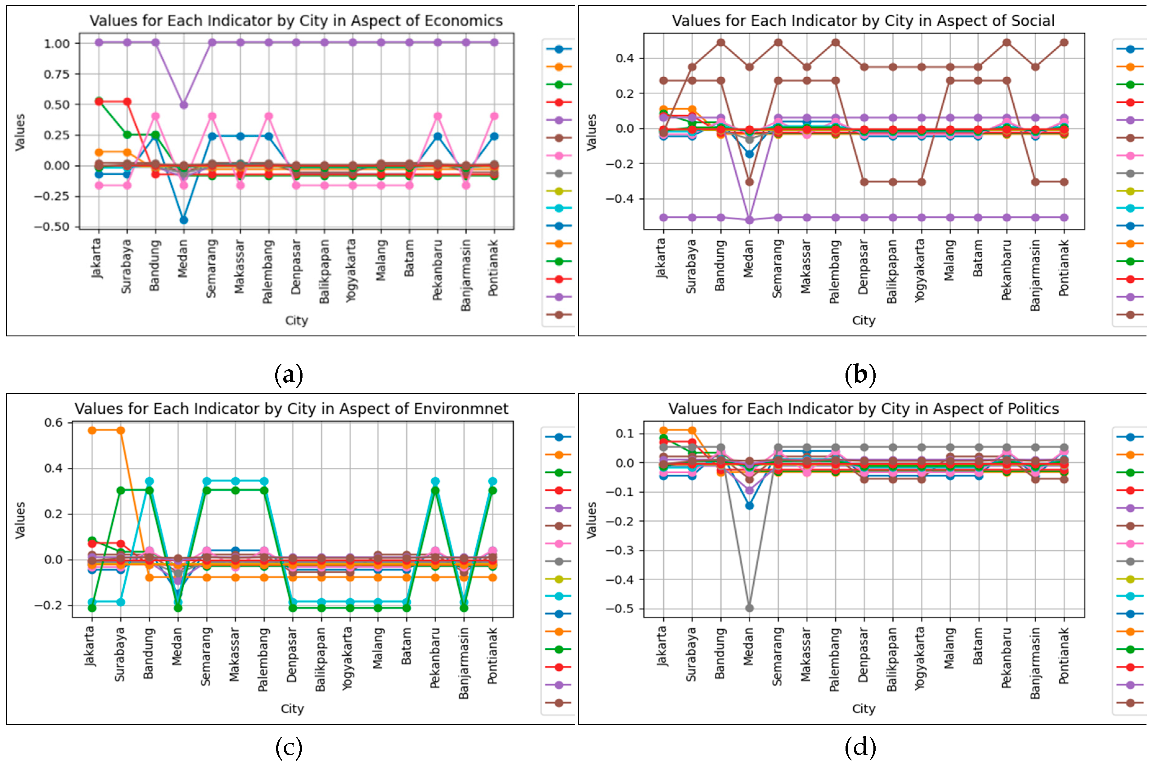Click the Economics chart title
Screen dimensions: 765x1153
click(296, 20)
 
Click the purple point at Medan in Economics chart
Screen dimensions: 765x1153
click(183, 105)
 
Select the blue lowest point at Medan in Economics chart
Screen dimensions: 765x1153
click(183, 220)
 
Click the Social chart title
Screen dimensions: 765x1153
click(863, 20)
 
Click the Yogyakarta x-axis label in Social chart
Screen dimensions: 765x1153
click(920, 270)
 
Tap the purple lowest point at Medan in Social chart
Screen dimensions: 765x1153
click(749, 220)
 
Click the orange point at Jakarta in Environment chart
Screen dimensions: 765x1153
click(92, 430)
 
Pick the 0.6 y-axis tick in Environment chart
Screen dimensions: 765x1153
click(54, 422)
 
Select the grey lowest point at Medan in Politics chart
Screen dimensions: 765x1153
click(749, 608)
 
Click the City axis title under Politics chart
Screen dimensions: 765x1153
click(863, 709)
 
